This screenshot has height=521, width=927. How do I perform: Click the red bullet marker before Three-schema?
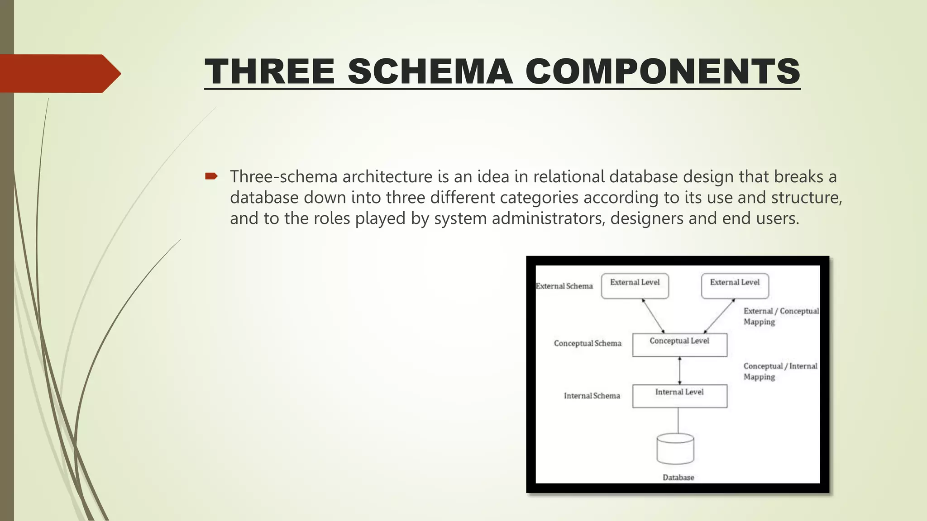click(211, 176)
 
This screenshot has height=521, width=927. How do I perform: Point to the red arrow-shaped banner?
click(59, 74)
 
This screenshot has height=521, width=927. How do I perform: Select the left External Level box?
click(635, 286)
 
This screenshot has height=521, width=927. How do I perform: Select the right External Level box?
click(735, 286)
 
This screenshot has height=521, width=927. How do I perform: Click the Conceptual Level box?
click(679, 345)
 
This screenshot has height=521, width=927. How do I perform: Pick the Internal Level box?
click(679, 396)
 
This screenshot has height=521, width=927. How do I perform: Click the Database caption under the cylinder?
click(678, 478)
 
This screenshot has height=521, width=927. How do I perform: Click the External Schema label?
click(564, 286)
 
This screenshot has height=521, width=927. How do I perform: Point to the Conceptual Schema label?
click(588, 343)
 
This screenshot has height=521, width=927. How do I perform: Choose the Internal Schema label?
click(592, 396)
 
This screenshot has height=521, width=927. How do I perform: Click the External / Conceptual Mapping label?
click(780, 316)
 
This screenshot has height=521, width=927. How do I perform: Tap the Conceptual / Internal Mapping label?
click(780, 371)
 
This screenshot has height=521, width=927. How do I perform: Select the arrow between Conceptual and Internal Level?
click(679, 370)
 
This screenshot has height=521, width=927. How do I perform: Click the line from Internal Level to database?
click(678, 421)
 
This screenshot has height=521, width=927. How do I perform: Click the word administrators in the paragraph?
click(548, 218)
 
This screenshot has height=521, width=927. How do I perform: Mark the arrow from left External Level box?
click(653, 316)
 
